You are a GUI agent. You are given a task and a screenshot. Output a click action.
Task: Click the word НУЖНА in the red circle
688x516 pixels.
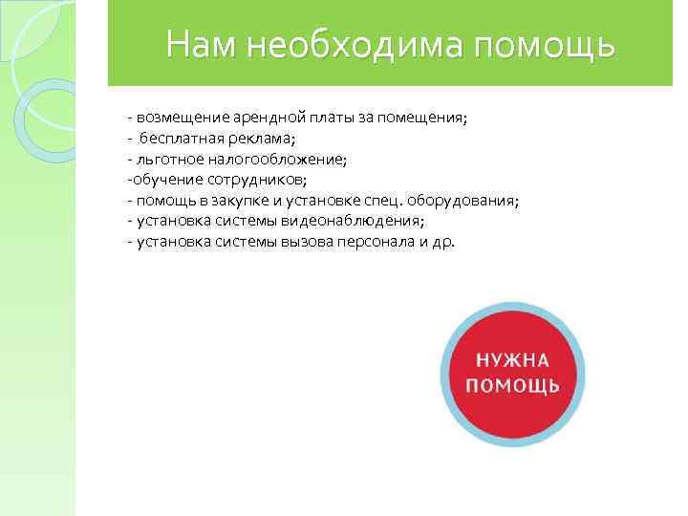pos(512,360)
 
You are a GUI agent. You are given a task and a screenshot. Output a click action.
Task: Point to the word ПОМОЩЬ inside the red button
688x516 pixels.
pos(512,385)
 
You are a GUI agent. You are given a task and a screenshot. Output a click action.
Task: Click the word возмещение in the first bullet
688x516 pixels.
pos(183,118)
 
